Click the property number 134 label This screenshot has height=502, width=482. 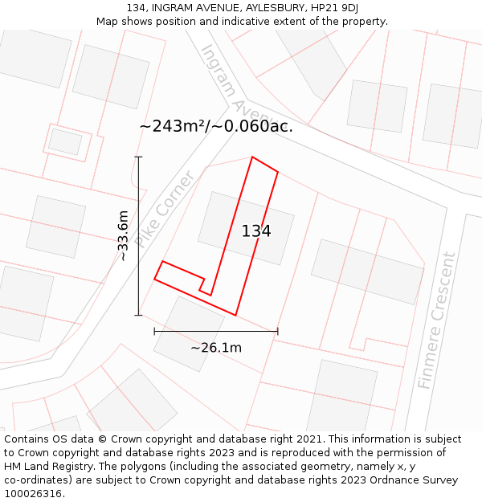pyautogui.click(x=256, y=231)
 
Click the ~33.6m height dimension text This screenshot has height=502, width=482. pyautogui.click(x=122, y=236)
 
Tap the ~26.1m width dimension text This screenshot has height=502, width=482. pyautogui.click(x=216, y=348)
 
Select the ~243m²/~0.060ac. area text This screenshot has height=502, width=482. pyautogui.click(x=216, y=126)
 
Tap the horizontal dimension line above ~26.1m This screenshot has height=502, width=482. pyautogui.click(x=216, y=331)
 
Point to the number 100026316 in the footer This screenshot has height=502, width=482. pyautogui.click(x=32, y=493)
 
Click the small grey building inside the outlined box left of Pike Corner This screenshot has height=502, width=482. pyautogui.click(x=65, y=142)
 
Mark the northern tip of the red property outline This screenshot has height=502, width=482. pyautogui.click(x=253, y=157)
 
